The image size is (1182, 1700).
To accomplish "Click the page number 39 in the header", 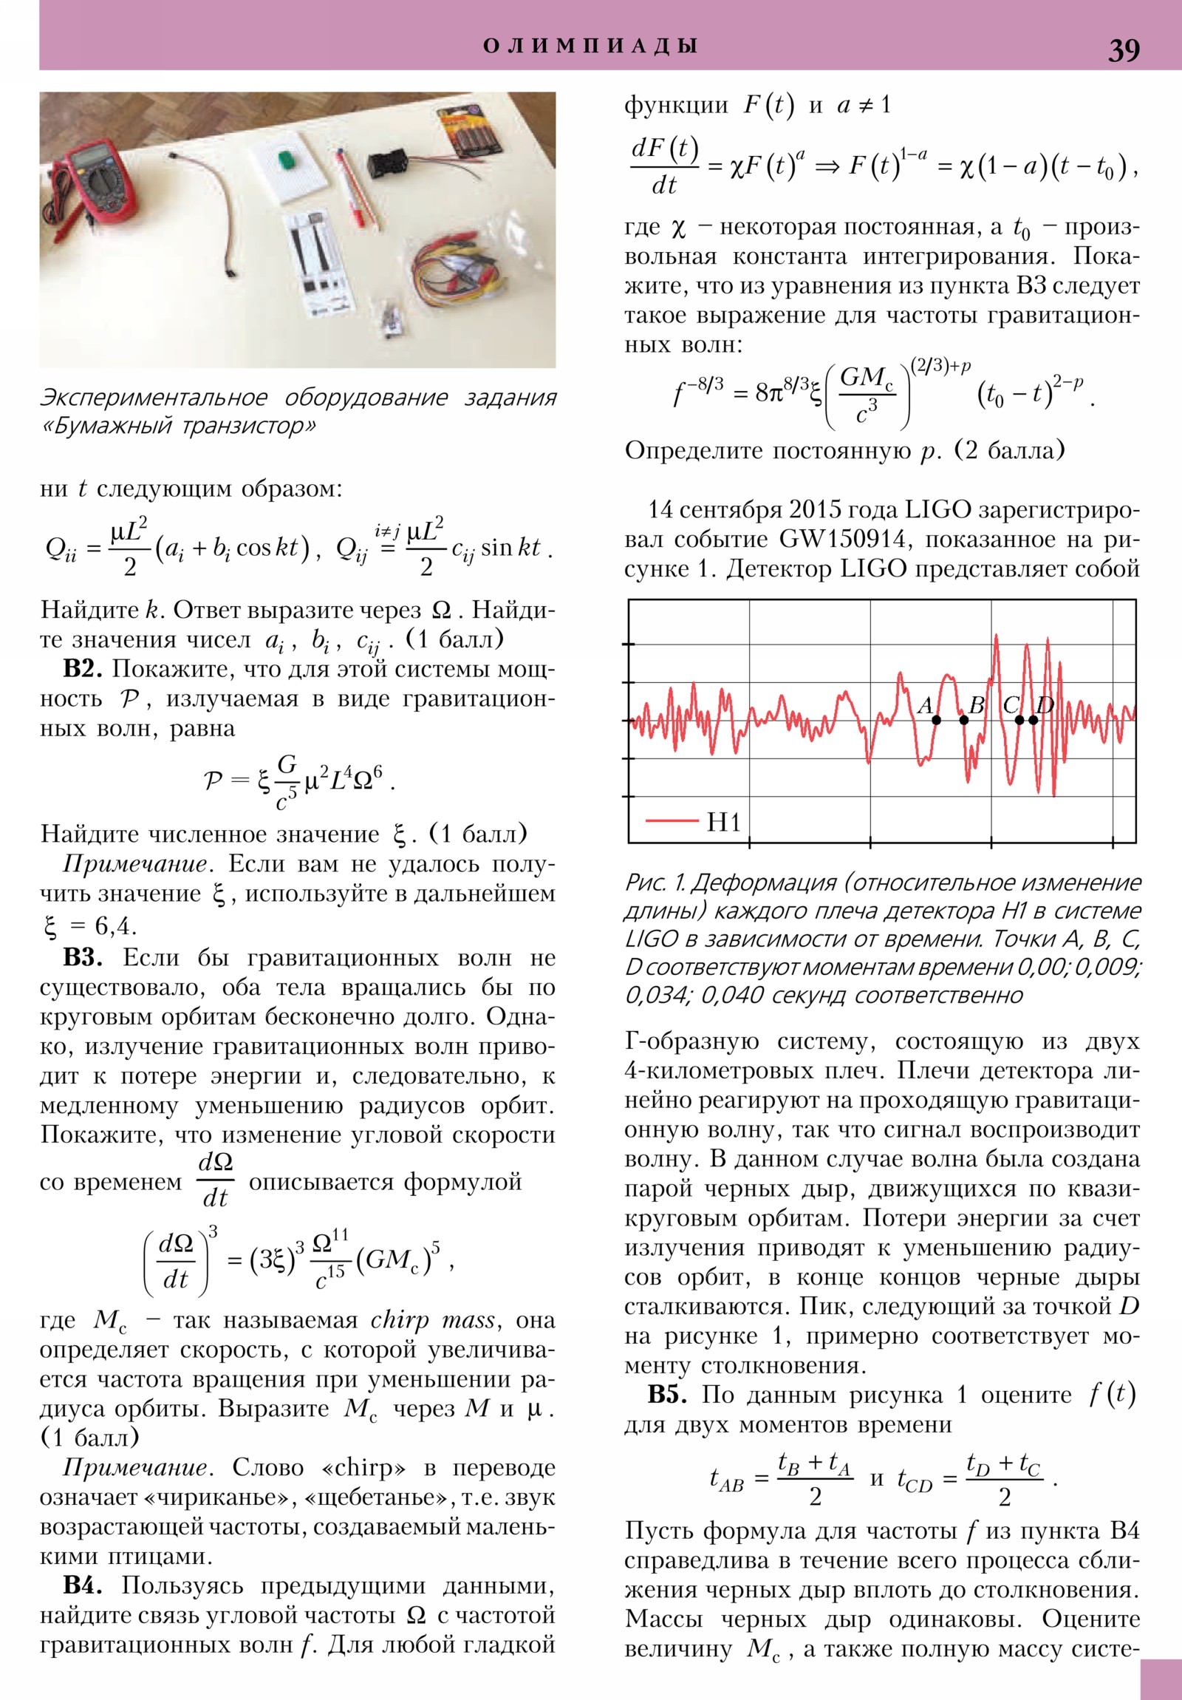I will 1123,50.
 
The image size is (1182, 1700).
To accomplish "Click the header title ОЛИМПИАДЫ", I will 590,46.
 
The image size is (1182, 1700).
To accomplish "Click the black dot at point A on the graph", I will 936,720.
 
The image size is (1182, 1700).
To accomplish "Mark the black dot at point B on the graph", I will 963,720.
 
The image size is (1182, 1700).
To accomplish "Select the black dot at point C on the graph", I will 1019,720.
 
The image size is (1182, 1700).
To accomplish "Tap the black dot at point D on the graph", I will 1034,720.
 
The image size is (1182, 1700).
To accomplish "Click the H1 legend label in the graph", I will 723,822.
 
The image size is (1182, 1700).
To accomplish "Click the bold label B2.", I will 81,670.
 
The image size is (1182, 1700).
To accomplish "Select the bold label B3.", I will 81,958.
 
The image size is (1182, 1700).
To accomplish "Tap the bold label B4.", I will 81,1585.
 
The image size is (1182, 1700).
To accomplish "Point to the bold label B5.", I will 667,1394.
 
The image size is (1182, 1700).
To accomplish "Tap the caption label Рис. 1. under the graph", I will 655,883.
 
